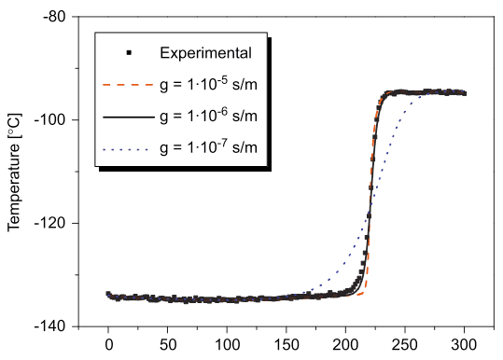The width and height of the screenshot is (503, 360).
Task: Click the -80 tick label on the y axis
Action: tap(54, 17)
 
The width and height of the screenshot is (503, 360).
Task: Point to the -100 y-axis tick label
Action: tap(50, 119)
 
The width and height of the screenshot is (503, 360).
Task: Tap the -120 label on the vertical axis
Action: tap(50, 223)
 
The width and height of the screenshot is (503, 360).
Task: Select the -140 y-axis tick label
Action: tap(50, 326)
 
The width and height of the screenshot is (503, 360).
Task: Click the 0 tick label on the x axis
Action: tap(109, 345)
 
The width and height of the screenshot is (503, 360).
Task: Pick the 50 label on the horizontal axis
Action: tap(168, 345)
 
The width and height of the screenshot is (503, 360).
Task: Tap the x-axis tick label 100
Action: tap(227, 345)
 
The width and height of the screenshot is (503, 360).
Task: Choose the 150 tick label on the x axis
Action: tap(286, 345)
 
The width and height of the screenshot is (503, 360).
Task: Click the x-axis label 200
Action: tap(345, 345)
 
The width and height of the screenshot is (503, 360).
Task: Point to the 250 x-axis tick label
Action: tap(405, 345)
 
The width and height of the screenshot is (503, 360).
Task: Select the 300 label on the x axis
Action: tap(464, 345)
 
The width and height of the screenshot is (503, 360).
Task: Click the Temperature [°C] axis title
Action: tap(14, 172)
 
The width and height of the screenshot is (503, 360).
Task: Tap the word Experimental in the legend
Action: tap(205, 53)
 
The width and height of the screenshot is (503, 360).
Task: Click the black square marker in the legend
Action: tap(129, 52)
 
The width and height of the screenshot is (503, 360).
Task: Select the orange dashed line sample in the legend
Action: tap(129, 85)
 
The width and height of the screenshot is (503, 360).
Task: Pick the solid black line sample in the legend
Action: tap(129, 118)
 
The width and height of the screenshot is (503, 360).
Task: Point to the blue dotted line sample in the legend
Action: tap(126, 149)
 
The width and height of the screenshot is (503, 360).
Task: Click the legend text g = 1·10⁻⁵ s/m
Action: tap(208, 84)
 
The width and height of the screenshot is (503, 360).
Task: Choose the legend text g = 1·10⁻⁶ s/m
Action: tap(208, 116)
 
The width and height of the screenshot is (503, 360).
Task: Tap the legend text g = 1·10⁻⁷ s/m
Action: tap(208, 146)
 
